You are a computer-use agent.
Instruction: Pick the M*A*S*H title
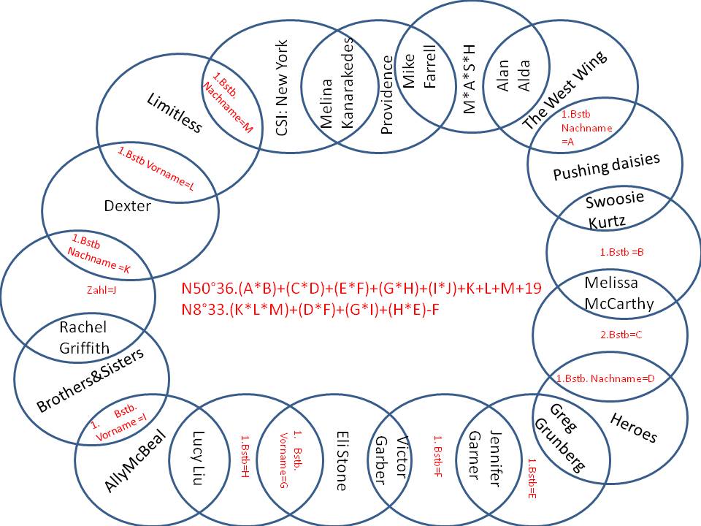[470, 79]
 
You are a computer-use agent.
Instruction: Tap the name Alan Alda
[513, 76]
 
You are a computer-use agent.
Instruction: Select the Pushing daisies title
[606, 166]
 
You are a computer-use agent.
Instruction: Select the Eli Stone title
[341, 450]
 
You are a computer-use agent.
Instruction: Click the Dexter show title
[127, 206]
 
